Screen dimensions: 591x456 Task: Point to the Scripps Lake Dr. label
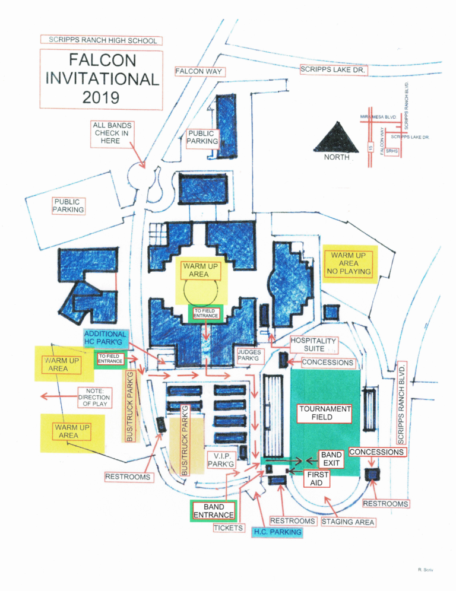(334, 69)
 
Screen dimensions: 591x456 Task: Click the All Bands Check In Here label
(112, 133)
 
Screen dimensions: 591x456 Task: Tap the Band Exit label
(331, 459)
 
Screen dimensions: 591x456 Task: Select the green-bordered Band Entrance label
(214, 511)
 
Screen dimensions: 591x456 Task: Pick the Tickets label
(229, 528)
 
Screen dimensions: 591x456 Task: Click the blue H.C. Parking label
(277, 532)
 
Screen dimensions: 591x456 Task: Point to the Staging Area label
(348, 522)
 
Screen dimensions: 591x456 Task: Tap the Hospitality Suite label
(314, 345)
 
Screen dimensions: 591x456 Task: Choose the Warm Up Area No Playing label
(349, 263)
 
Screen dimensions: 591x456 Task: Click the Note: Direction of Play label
(94, 397)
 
